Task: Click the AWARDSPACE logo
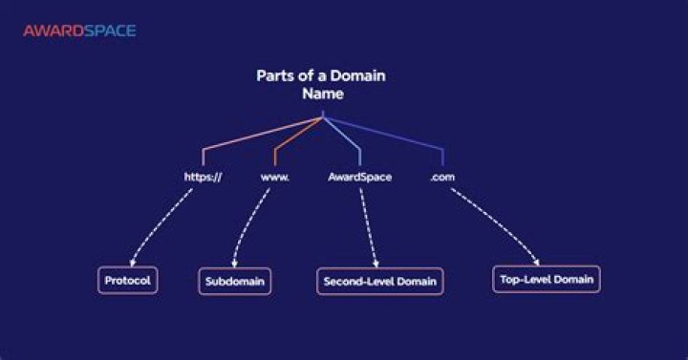pyautogui.click(x=79, y=31)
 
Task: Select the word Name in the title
pyautogui.click(x=323, y=95)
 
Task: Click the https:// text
pyautogui.click(x=203, y=177)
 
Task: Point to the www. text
pyautogui.click(x=275, y=177)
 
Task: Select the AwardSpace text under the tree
pyautogui.click(x=359, y=177)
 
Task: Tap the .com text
pyautogui.click(x=442, y=177)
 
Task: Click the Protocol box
pyautogui.click(x=127, y=281)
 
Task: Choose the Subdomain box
pyautogui.click(x=234, y=282)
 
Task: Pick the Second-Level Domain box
pyautogui.click(x=379, y=282)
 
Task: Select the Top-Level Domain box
pyautogui.click(x=546, y=279)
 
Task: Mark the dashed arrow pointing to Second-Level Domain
pyautogui.click(x=369, y=229)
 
